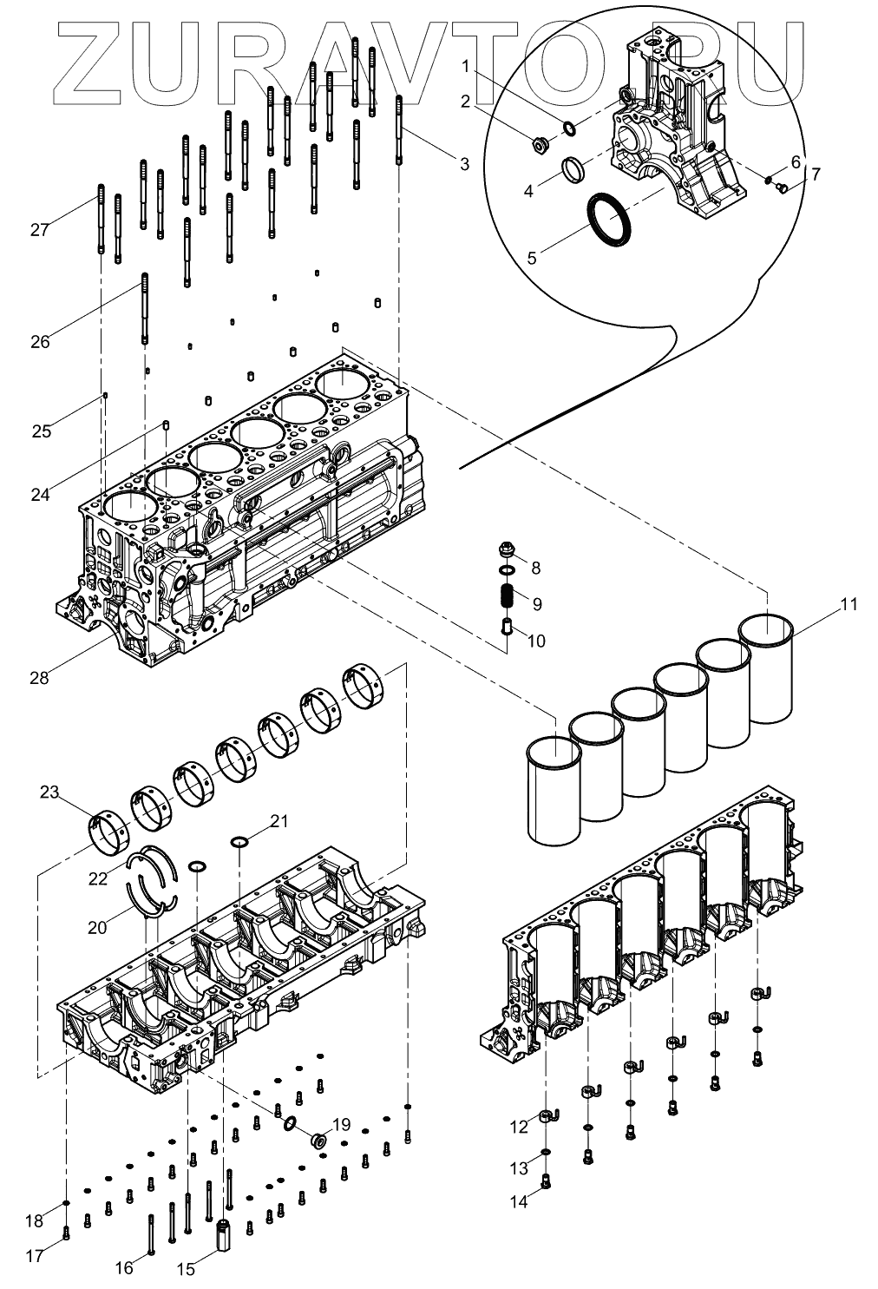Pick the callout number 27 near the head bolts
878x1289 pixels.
pyautogui.click(x=39, y=230)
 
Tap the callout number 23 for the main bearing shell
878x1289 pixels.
pyautogui.click(x=49, y=792)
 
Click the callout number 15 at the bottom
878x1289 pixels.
pyautogui.click(x=186, y=1269)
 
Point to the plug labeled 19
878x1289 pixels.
pyautogui.click(x=318, y=1138)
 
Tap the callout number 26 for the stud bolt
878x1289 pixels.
pyautogui.click(x=40, y=341)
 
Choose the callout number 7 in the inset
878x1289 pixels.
pyautogui.click(x=816, y=174)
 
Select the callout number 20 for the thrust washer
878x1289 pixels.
pyautogui.click(x=97, y=928)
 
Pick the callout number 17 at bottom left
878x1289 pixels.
pyautogui.click(x=33, y=1256)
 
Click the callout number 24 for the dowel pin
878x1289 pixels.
pyautogui.click(x=40, y=495)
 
